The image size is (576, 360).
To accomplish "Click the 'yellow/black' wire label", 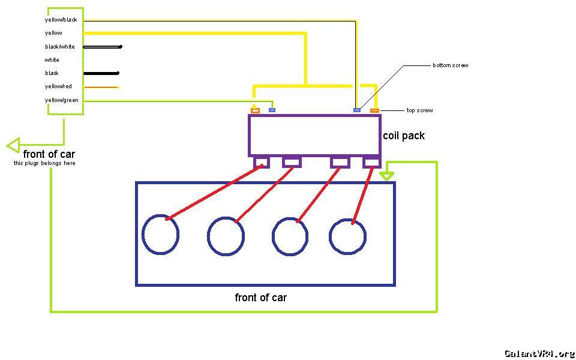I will (61, 20).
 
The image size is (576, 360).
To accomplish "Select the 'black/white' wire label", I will (59, 47).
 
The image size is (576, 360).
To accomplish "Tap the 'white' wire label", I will (52, 60).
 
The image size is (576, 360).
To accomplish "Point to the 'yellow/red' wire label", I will (58, 86).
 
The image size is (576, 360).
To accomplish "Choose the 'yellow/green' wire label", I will (61, 100).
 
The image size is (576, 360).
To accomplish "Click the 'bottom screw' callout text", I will (450, 65).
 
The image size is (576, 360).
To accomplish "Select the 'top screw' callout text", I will (419, 110).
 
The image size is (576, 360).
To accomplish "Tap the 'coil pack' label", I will (404, 136).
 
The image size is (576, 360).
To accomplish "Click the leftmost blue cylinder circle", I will (161, 234).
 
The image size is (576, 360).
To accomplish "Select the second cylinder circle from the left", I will (226, 236).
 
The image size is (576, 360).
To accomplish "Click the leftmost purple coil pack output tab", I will (262, 162).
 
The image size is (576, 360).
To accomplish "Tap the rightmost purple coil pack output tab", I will (372, 162).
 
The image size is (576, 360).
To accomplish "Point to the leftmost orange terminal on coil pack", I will (255, 110).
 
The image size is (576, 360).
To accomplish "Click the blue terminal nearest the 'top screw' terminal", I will (357, 110).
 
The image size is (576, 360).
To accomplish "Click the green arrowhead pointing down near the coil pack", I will (387, 176).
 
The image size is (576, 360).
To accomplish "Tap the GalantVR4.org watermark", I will (539, 353).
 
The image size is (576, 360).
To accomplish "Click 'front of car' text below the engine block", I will (260, 298).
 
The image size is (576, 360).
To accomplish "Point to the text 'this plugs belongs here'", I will (44, 163).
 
